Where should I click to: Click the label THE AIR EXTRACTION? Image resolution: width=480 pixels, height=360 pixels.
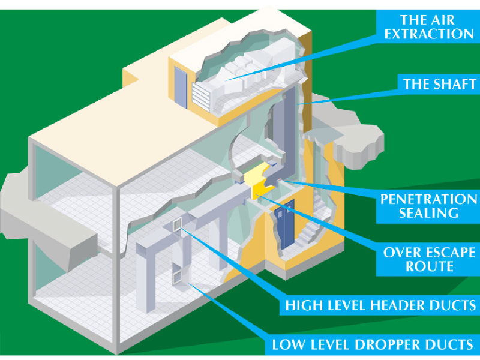tap(429, 27)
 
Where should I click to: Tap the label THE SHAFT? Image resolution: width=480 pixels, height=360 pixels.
tap(439, 84)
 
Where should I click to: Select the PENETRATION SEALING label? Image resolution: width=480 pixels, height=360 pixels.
tap(428, 206)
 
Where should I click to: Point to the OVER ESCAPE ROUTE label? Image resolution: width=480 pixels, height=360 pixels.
tap(429, 259)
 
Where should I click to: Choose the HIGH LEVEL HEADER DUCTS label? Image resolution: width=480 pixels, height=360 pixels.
tap(380, 305)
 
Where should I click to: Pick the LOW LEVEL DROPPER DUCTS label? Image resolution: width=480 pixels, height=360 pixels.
tap(373, 344)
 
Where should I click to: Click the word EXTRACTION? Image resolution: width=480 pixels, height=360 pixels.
tap(429, 34)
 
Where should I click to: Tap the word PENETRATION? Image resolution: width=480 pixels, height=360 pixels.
tap(428, 199)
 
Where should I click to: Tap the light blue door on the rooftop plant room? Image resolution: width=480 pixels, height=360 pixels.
tap(181, 88)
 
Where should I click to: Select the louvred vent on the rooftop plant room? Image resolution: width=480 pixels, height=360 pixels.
tap(201, 97)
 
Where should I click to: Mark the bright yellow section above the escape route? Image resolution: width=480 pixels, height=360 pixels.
tap(260, 181)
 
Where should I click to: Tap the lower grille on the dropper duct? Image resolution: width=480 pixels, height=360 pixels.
tap(177, 277)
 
